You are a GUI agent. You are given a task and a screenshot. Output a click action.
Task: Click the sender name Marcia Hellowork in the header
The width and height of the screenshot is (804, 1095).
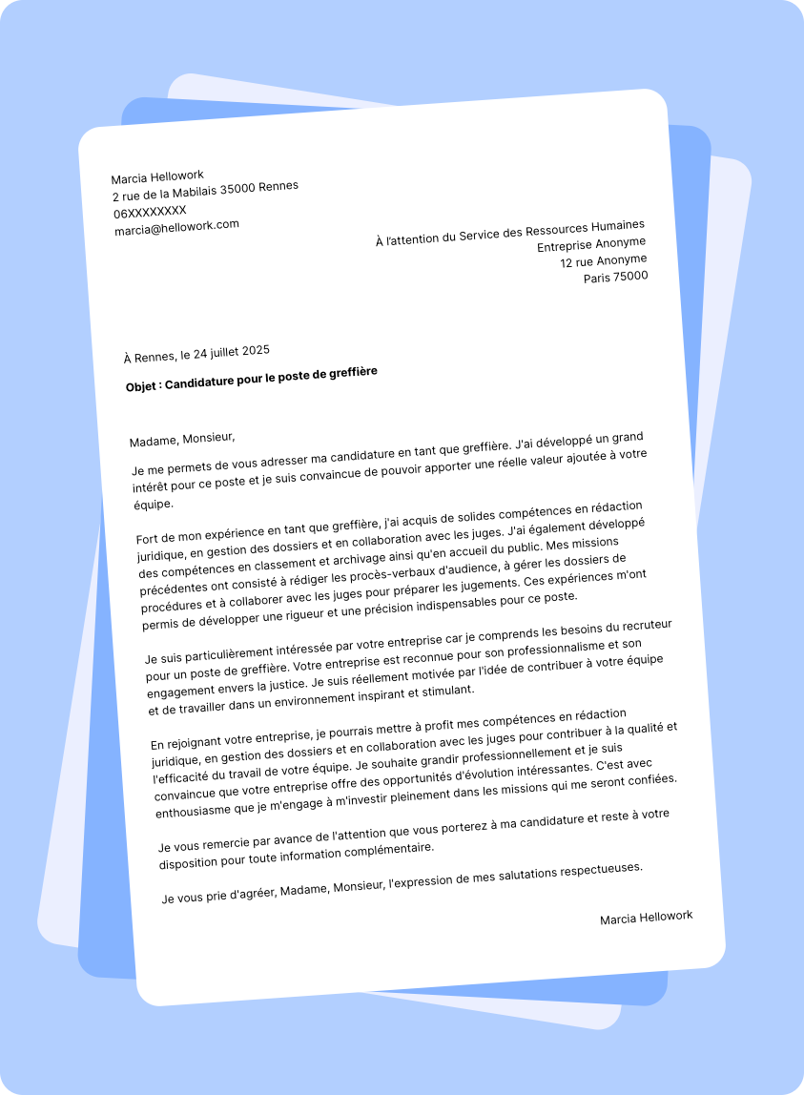click(157, 177)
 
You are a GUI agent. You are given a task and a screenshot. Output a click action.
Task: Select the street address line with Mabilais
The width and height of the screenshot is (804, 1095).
click(205, 192)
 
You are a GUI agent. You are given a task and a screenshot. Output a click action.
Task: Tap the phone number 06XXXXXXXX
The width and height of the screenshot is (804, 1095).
click(151, 212)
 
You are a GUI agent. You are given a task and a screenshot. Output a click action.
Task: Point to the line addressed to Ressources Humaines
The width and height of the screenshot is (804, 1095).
click(510, 234)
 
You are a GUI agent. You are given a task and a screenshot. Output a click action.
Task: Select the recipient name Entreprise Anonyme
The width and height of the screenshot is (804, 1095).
click(591, 245)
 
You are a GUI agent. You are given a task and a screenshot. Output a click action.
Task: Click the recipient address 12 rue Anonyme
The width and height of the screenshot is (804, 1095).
click(603, 261)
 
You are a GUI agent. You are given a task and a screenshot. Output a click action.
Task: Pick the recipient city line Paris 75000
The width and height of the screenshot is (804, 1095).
click(615, 278)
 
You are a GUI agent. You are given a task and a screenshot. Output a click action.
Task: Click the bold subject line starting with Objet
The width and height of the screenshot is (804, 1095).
click(252, 379)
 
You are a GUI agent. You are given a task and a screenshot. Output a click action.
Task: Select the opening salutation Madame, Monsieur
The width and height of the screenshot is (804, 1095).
click(182, 439)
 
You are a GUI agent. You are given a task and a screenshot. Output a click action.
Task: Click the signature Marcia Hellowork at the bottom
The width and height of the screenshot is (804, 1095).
click(646, 918)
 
